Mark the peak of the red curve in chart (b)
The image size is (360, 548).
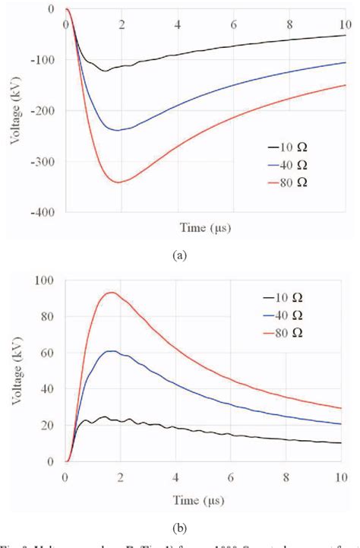click(x=112, y=292)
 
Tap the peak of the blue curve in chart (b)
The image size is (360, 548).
click(x=112, y=350)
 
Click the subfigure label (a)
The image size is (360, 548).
click(x=181, y=256)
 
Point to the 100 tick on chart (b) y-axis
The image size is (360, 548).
click(x=44, y=280)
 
